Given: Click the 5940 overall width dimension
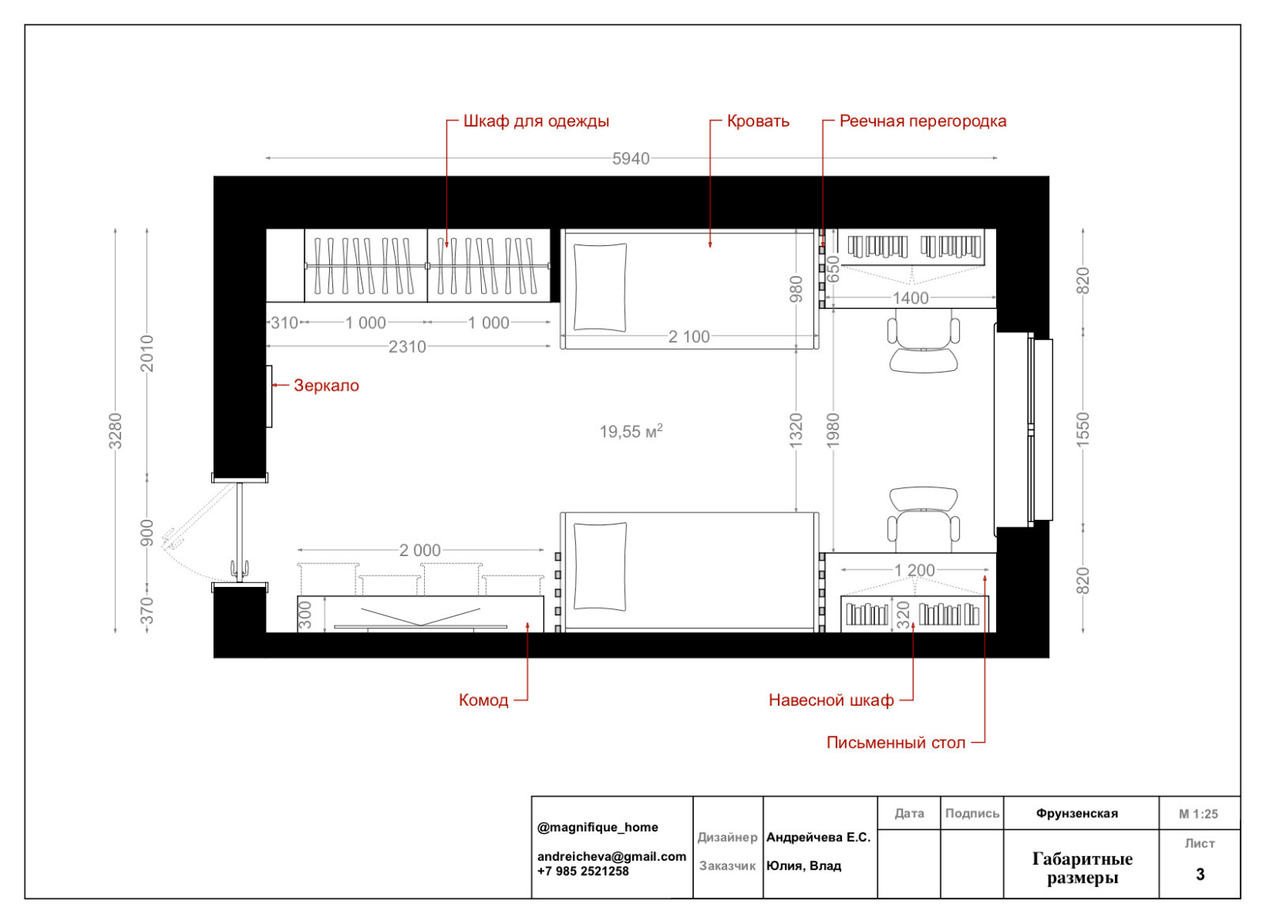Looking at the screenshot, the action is coord(631,159).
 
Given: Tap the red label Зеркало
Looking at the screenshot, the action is coord(326,385).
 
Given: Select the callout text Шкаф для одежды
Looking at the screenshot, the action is coord(536,122).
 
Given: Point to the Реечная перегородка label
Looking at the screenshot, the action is coord(923,122).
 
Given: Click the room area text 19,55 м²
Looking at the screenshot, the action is coord(631,431).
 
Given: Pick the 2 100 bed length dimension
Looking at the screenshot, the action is coord(688,337).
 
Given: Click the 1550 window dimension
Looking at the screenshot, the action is coord(1082,430).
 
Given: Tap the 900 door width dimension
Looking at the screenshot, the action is coord(147,533).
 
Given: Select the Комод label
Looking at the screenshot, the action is coord(483,700).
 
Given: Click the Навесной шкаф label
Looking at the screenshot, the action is coord(831,700).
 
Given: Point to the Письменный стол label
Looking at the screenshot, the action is coord(895,743).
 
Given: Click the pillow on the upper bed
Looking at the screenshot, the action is coord(600,287).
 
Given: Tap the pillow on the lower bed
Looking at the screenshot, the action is coord(600,567).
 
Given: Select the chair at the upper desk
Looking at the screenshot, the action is coord(923,345).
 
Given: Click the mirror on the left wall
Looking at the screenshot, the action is coord(269,396).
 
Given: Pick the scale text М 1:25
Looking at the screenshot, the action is coord(1198,814).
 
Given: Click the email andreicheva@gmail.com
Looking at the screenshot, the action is coord(612,856).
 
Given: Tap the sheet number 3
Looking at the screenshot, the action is coord(1200,874).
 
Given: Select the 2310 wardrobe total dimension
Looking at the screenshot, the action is coord(407,346).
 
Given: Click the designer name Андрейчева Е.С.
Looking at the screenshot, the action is coord(818,838).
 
